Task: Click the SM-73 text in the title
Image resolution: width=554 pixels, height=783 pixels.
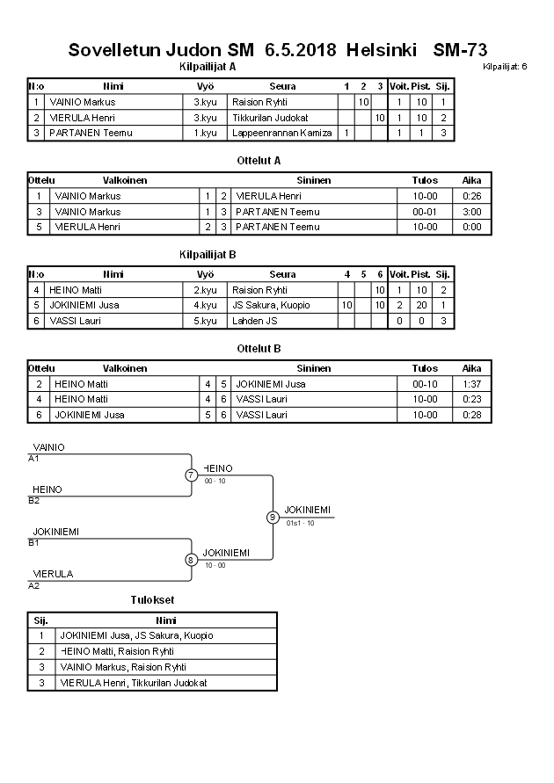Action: point(460,50)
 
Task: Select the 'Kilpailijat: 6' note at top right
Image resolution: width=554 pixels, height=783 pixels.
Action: point(505,67)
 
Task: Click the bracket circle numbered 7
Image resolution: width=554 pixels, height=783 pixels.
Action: point(191,475)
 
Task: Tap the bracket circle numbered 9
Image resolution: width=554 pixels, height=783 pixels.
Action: point(273,517)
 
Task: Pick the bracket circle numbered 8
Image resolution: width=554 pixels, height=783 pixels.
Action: point(191,559)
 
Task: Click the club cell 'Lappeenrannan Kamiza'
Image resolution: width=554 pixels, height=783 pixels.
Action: point(281,133)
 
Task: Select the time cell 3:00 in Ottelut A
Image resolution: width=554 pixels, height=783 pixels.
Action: point(472,212)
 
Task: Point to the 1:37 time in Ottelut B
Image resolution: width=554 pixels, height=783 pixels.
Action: point(472,384)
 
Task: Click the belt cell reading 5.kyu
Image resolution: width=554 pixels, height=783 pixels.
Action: point(205,321)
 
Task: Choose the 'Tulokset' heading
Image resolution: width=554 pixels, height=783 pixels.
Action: point(152,600)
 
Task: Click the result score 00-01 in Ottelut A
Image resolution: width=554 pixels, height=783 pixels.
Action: point(425,212)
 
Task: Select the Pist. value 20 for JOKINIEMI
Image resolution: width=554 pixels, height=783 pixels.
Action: point(421,305)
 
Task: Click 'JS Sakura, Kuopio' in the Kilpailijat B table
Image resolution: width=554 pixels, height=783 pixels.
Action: point(271,305)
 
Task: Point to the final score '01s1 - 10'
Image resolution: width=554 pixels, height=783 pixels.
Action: point(300,523)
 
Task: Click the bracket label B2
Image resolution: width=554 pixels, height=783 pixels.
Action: point(34,501)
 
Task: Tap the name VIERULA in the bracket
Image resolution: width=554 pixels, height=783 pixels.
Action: point(53,574)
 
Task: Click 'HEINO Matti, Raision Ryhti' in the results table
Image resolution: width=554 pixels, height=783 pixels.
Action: point(116,651)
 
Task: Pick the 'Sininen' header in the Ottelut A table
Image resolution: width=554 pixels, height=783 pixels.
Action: point(313,180)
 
